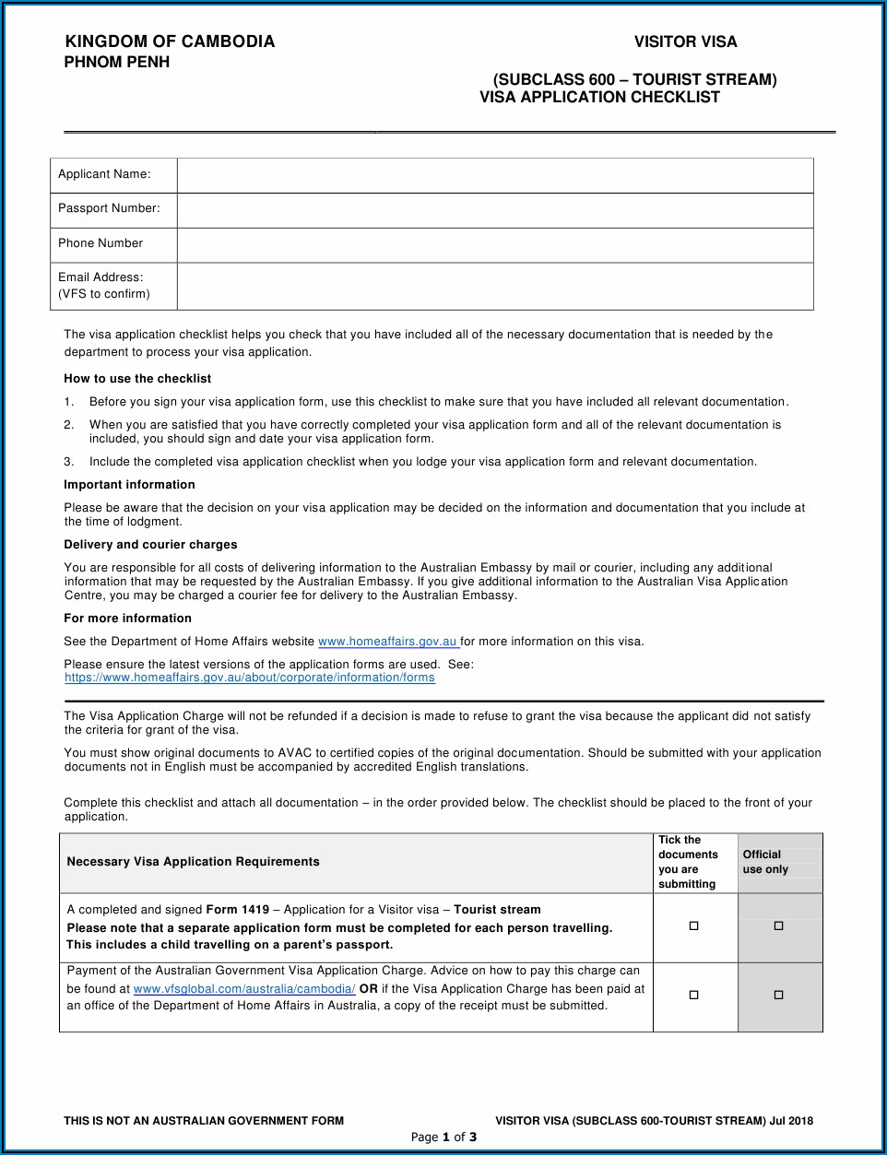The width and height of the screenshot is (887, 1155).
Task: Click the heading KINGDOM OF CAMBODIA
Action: click(170, 41)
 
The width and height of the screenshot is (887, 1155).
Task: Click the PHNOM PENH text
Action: click(117, 63)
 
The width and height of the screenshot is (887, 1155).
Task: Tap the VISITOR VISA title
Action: click(685, 41)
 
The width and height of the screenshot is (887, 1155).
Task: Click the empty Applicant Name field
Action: click(495, 175)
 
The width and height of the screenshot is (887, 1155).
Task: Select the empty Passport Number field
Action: click(495, 210)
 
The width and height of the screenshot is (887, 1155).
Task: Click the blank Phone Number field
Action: click(495, 245)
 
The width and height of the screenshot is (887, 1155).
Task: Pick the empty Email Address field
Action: click(495, 286)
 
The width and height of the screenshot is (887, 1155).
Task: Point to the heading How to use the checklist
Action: click(137, 379)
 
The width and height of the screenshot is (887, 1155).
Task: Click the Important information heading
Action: click(129, 485)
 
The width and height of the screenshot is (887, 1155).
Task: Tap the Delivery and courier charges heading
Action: click(150, 545)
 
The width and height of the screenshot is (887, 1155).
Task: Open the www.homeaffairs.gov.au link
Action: click(387, 642)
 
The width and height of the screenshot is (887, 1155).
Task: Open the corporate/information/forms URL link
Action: click(250, 678)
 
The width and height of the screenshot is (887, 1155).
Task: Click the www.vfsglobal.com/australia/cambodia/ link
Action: click(244, 989)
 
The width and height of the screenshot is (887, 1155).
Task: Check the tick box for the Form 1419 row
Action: click(694, 926)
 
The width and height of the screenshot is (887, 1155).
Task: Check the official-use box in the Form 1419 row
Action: click(779, 926)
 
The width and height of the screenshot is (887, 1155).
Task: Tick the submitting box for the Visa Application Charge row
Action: click(694, 996)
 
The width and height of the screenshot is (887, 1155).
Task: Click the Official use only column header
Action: click(765, 862)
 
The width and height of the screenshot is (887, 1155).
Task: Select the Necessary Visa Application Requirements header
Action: click(193, 862)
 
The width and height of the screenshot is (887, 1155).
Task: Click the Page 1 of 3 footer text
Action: click(443, 1137)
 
